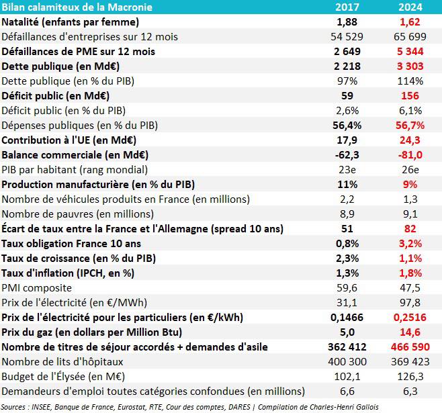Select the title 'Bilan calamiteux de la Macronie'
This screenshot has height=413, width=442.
(77, 7)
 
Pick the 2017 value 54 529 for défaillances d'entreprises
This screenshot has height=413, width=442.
(343, 36)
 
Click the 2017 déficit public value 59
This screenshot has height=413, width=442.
(347, 95)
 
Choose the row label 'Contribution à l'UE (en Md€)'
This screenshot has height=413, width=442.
(69, 140)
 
